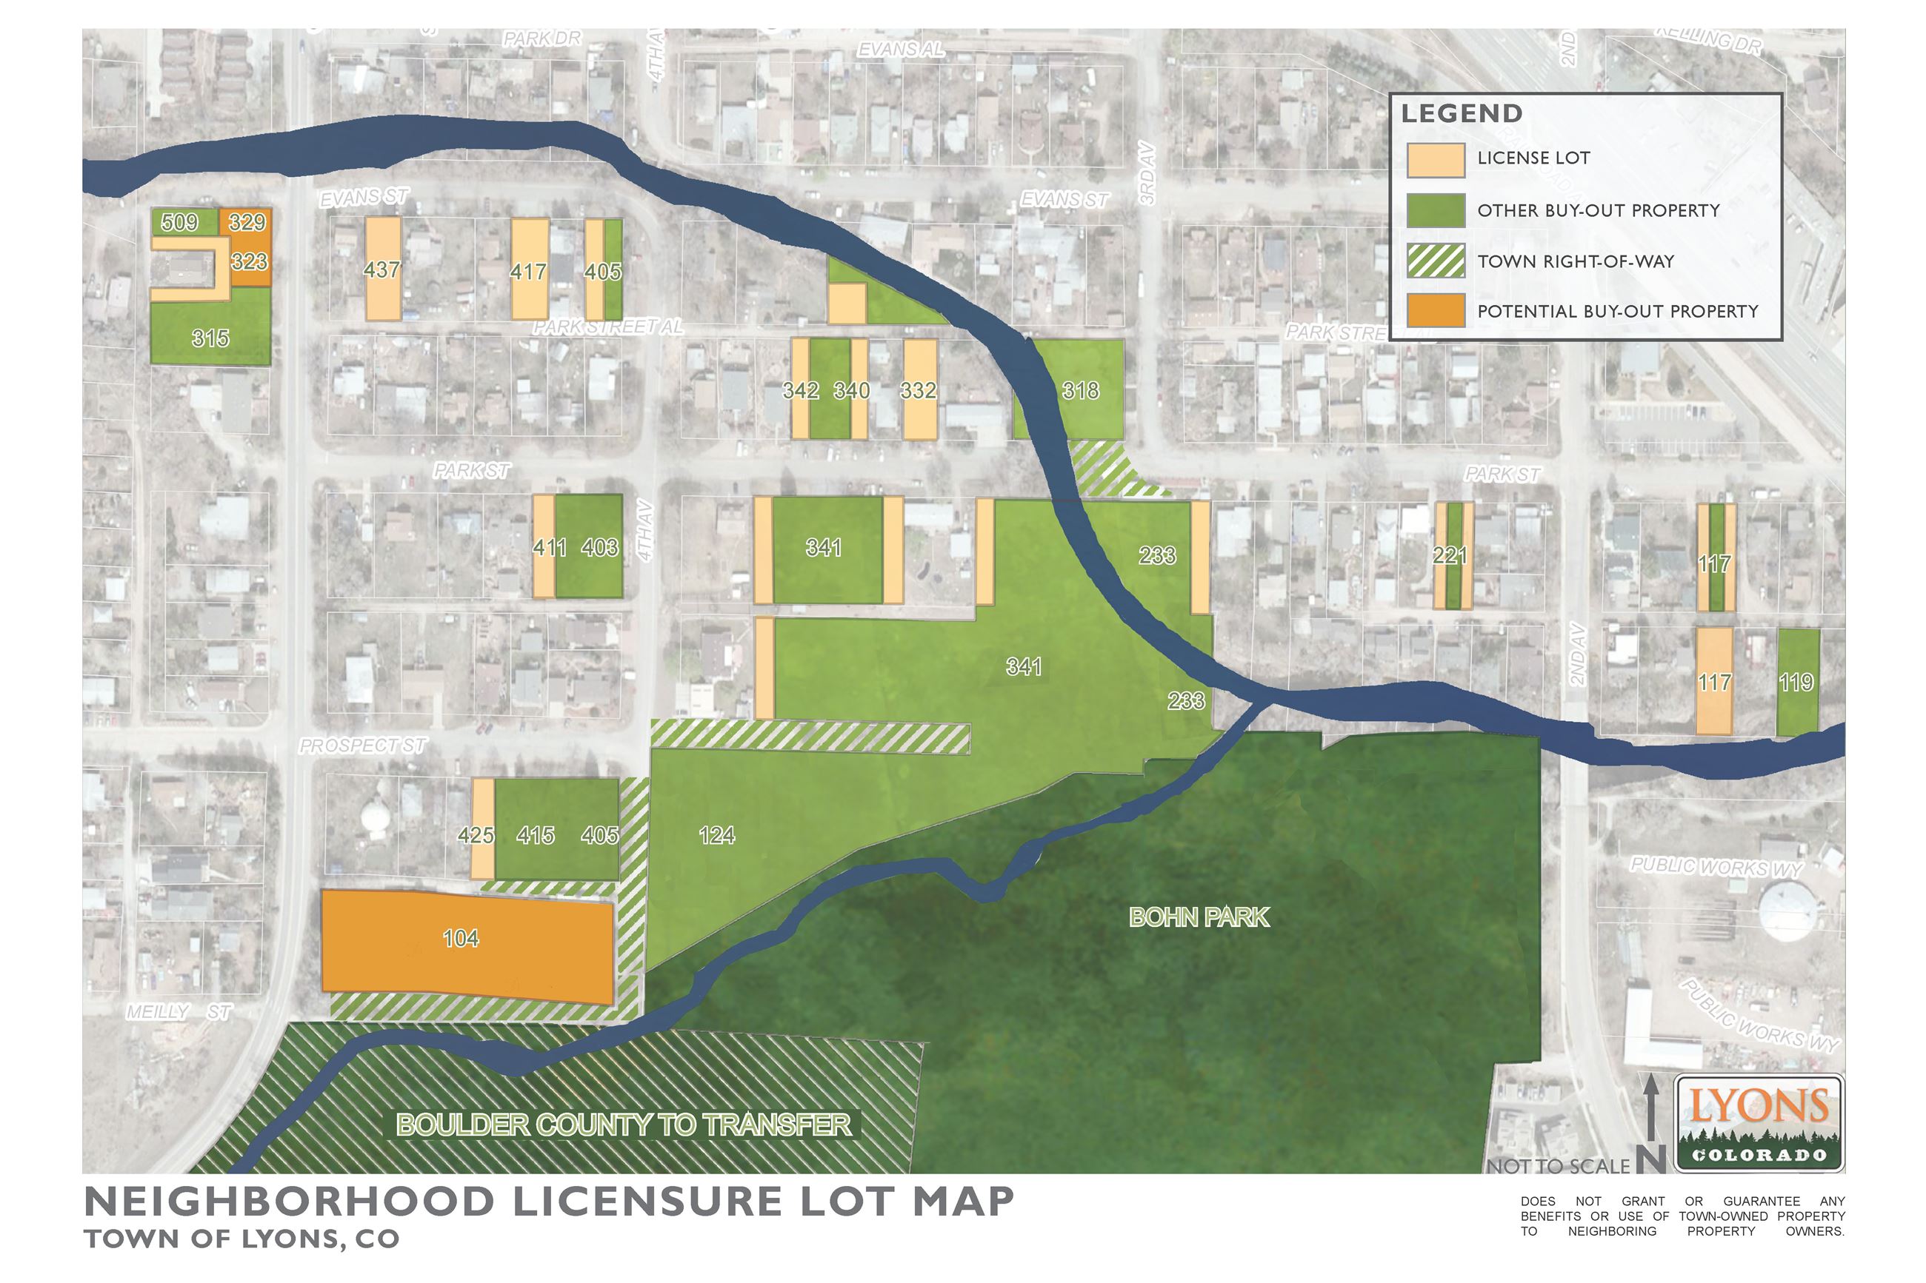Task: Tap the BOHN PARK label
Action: pyautogui.click(x=1199, y=917)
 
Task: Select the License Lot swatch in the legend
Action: pyautogui.click(x=1435, y=160)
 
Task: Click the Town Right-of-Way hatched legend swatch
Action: pyautogui.click(x=1435, y=261)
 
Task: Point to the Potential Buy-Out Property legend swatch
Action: pyautogui.click(x=1435, y=311)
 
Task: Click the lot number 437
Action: pyautogui.click(x=381, y=269)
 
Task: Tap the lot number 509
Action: pyautogui.click(x=179, y=222)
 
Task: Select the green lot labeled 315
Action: pyautogui.click(x=210, y=338)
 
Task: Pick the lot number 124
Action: pyautogui.click(x=716, y=834)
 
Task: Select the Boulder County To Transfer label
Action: pyautogui.click(x=624, y=1125)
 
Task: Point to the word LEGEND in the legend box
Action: pyautogui.click(x=1461, y=114)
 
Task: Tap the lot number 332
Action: pyautogui.click(x=918, y=390)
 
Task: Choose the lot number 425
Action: pyautogui.click(x=476, y=834)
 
